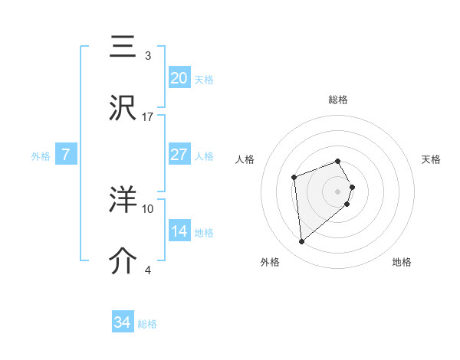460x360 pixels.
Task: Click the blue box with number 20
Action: tap(179, 78)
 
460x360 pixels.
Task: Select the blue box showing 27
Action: tap(179, 155)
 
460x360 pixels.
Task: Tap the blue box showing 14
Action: tap(179, 231)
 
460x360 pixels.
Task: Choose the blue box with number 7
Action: tap(66, 155)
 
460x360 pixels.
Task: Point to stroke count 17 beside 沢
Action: tap(148, 116)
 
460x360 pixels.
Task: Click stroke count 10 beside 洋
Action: tap(148, 208)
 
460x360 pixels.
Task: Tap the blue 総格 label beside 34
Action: tap(147, 324)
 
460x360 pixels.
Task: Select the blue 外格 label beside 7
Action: tap(41, 156)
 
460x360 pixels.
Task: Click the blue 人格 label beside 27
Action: tap(204, 156)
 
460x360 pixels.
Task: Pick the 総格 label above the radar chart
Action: tap(338, 100)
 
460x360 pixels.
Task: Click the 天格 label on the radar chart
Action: tap(431, 159)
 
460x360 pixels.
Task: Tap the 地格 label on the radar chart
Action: tap(402, 262)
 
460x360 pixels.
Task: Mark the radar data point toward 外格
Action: tap(302, 242)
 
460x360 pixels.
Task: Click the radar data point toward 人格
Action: tap(294, 178)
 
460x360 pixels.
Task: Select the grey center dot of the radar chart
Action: tap(338, 191)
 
